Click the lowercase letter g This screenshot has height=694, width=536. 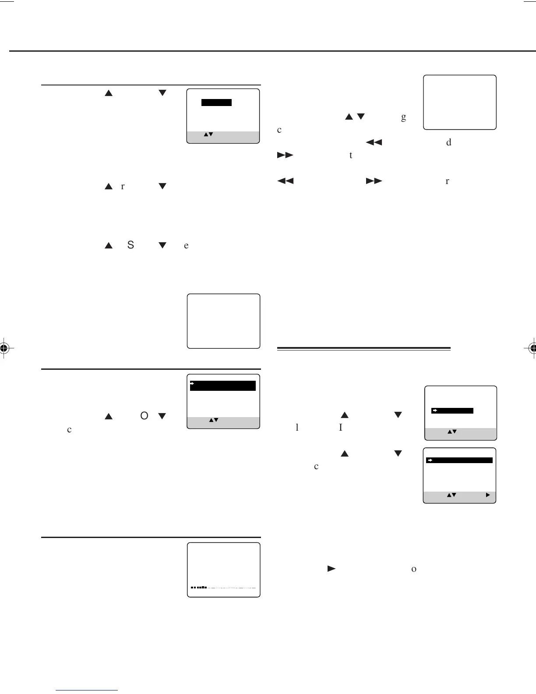[403, 117]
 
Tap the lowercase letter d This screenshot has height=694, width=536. [448, 142]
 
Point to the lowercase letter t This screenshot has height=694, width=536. [351, 155]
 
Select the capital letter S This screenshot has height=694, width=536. [130, 245]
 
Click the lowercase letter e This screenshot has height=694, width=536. [186, 245]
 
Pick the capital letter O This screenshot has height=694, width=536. [144, 416]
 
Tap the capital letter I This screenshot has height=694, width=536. [340, 427]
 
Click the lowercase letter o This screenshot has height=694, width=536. [413, 569]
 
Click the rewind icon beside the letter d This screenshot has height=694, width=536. [374, 142]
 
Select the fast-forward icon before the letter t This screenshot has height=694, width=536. [285, 155]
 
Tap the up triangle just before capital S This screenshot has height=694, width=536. [109, 245]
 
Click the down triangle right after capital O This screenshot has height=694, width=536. [162, 416]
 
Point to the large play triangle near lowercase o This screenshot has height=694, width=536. [331, 569]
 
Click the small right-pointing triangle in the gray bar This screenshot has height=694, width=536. [488, 496]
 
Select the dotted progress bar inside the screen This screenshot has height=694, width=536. [223, 588]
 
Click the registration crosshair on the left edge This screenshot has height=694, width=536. [4, 348]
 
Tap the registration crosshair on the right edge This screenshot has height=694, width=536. [532, 348]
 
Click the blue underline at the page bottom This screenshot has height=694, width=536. [87, 690]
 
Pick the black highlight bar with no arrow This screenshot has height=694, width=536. [216, 103]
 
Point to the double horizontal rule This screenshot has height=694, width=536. [364, 349]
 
